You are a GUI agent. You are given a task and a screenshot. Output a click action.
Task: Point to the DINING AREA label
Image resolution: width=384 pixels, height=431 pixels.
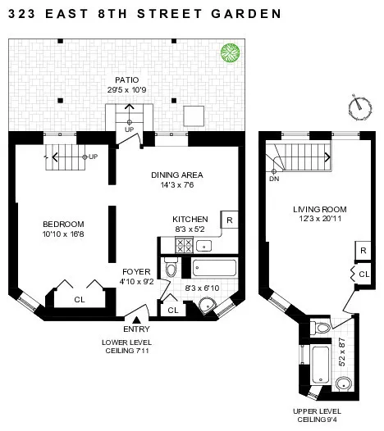[x=176, y=175]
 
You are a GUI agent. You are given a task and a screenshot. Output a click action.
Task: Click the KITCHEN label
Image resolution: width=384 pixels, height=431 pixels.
[x=190, y=219]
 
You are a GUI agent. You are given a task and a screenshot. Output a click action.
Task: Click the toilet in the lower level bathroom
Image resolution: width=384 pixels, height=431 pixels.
[x=171, y=268]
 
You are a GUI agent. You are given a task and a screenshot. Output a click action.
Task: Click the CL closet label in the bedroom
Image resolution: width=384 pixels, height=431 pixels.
[x=79, y=300]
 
